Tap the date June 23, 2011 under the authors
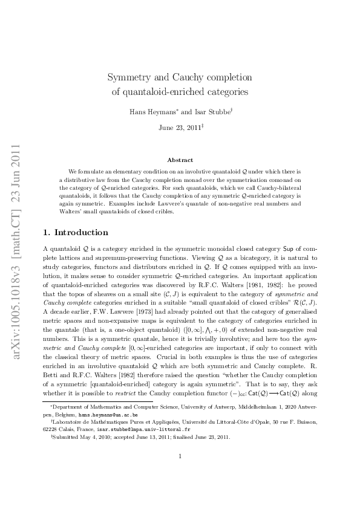pos(178,128)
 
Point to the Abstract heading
pos(180,160)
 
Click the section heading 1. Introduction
pos(76,233)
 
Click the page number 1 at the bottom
pos(180,473)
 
